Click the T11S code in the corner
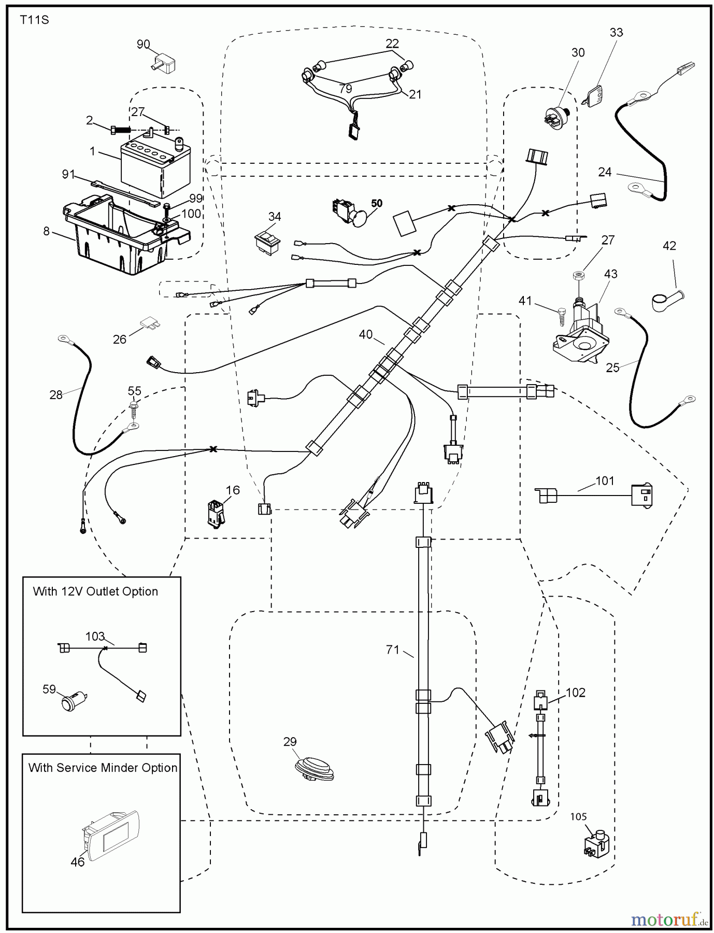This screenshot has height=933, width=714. click(34, 21)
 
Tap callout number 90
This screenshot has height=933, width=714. click(143, 45)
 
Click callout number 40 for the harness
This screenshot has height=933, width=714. click(365, 334)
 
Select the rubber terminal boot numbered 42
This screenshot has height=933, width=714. click(665, 301)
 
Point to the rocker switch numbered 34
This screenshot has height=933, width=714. click(267, 241)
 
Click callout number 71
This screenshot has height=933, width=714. click(392, 649)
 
